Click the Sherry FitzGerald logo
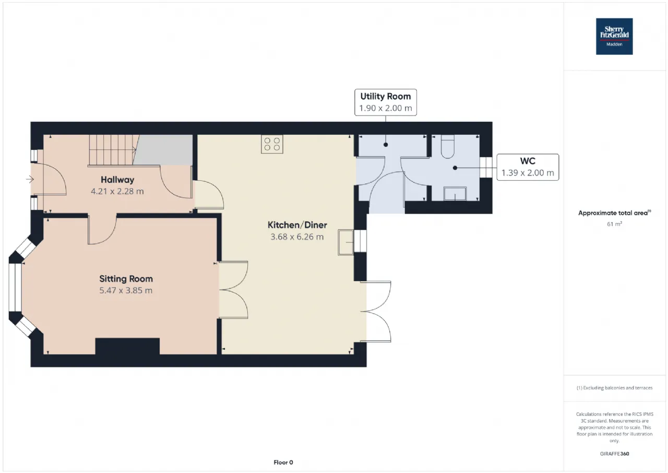[x=614, y=37]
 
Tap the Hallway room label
[x=117, y=180]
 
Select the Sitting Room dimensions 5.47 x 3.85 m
[x=126, y=291]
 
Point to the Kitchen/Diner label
[x=297, y=225]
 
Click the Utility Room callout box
[x=385, y=102]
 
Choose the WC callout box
[x=528, y=167]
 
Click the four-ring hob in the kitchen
[x=272, y=144]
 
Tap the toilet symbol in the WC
[x=447, y=146]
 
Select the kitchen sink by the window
[x=345, y=243]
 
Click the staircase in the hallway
[x=113, y=150]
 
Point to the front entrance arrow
[x=30, y=179]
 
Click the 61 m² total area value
[x=614, y=224]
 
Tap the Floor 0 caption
[x=283, y=462]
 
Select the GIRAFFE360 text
[x=614, y=454]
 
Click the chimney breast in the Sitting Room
[x=127, y=347]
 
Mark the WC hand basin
[x=455, y=194]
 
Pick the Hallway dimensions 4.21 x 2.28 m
[x=117, y=191]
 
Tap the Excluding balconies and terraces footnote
[x=614, y=388]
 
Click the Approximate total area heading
[x=614, y=213]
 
